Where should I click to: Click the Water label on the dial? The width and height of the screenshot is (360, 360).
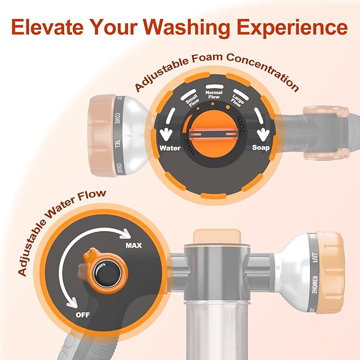pos(170,148)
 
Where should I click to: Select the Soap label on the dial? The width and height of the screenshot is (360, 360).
pos(262,148)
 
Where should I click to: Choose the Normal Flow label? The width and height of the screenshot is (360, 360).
pos(214,94)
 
